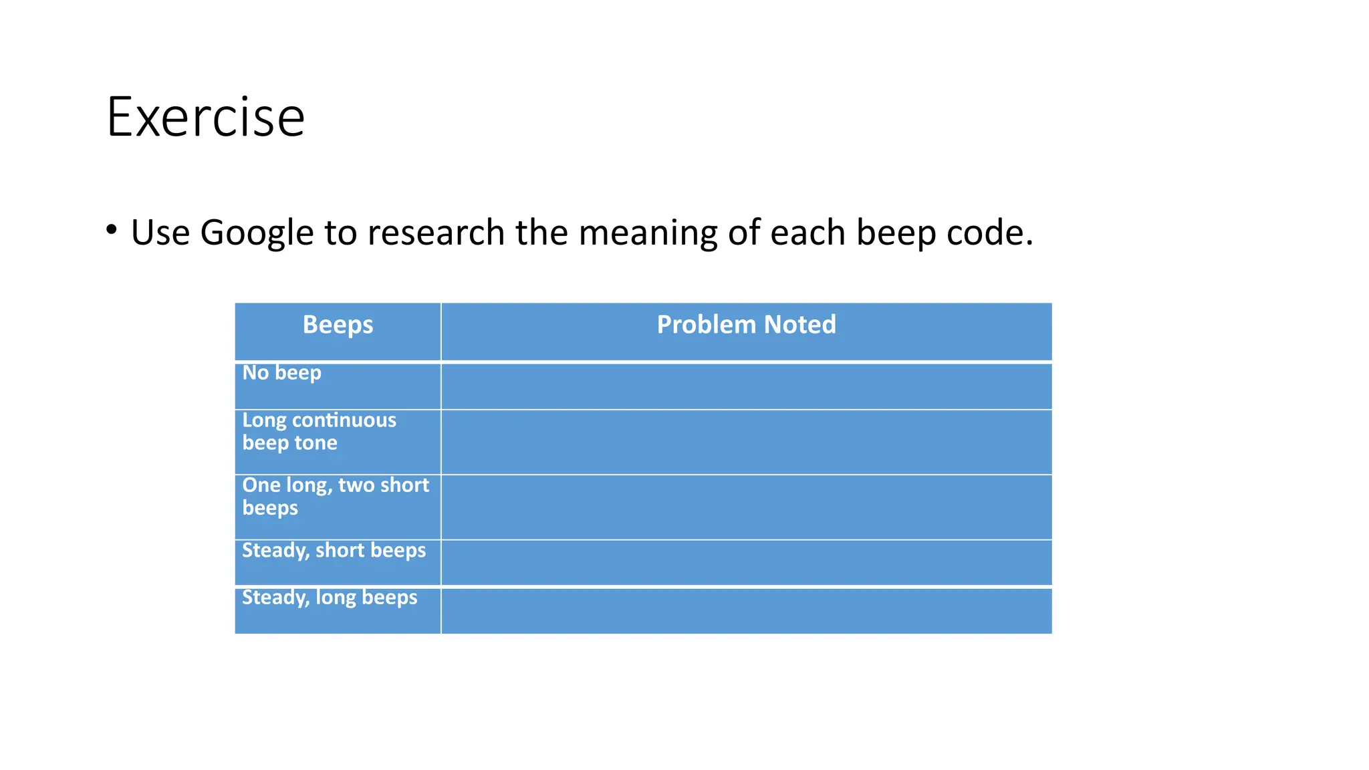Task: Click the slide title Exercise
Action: click(x=205, y=118)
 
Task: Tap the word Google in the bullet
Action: click(x=257, y=233)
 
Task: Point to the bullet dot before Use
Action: click(x=112, y=230)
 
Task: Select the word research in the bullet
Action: click(x=436, y=233)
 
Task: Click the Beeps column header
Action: click(x=338, y=325)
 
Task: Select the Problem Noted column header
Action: click(x=746, y=325)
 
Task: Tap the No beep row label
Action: click(x=281, y=372)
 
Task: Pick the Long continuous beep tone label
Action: click(x=319, y=431)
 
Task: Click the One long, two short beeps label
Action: click(x=335, y=496)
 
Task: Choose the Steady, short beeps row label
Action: click(x=334, y=550)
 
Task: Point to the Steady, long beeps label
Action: click(x=330, y=597)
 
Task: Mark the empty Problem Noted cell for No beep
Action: click(x=746, y=386)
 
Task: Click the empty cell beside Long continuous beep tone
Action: click(x=746, y=442)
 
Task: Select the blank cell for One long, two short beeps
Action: click(x=746, y=507)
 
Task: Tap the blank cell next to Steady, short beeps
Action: click(x=746, y=562)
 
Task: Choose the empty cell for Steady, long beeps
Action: click(x=746, y=610)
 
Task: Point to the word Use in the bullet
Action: click(x=160, y=233)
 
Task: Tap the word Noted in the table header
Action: click(x=799, y=325)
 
